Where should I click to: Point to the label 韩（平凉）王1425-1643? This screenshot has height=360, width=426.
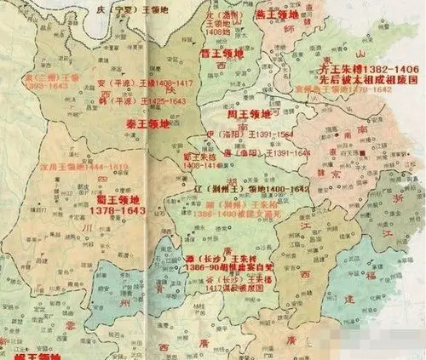[141, 101]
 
